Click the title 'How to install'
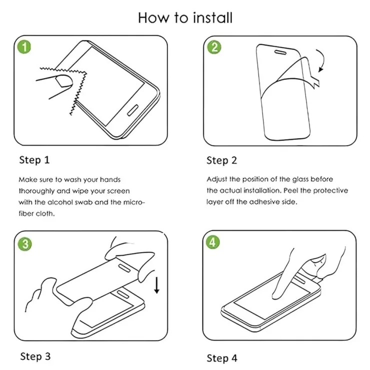click(x=185, y=17)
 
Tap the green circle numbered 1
click(x=24, y=46)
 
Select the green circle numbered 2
click(x=214, y=47)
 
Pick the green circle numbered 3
click(x=25, y=244)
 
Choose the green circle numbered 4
click(x=212, y=242)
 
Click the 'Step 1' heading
click(x=34, y=160)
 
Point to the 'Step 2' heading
click(x=221, y=160)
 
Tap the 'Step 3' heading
click(x=35, y=356)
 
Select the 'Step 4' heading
click(x=222, y=358)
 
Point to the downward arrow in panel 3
click(x=156, y=285)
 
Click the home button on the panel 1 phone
click(x=132, y=110)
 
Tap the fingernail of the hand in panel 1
click(x=63, y=80)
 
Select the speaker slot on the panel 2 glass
click(x=280, y=52)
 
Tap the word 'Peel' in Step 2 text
click(x=290, y=190)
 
